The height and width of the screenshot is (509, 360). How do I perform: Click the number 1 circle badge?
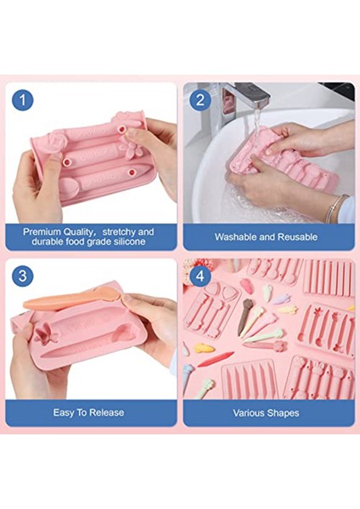23,100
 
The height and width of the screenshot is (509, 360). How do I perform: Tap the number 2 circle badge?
200,99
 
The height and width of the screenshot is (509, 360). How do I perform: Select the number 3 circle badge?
23,276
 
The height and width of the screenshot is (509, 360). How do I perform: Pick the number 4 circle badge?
200,276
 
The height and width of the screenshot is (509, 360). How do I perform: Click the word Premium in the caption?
42,232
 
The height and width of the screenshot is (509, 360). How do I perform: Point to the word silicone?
129,242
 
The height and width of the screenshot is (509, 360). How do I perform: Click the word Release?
107,412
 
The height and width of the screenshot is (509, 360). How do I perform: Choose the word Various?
249,413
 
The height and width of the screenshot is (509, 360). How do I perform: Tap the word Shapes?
283,413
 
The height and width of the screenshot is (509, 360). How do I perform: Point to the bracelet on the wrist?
335,208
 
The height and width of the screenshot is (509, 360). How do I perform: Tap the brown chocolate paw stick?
245,316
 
